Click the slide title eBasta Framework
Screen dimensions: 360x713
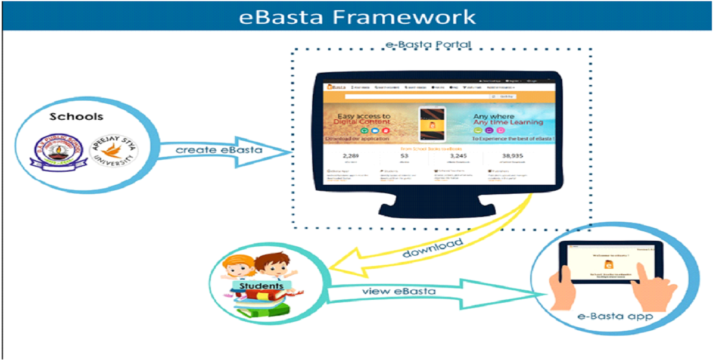coord(357,16)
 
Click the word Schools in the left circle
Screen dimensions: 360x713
coord(76,116)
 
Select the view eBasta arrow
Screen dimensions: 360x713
coord(417,291)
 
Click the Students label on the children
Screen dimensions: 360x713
coord(261,286)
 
